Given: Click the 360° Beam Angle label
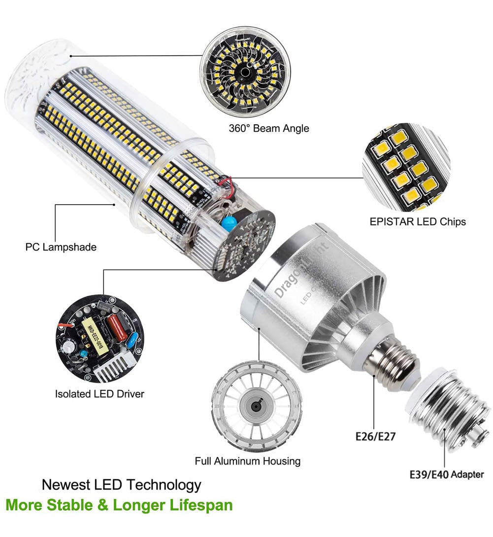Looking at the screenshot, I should [x=269, y=128].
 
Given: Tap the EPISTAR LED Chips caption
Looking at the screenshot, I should [x=418, y=221].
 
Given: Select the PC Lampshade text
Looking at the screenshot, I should [x=61, y=247].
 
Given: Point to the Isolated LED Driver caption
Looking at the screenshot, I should [x=99, y=394].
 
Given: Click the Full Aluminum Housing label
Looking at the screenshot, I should [x=247, y=462].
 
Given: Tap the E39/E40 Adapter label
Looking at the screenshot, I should [x=447, y=475].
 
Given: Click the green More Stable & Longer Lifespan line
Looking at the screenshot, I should [x=119, y=505].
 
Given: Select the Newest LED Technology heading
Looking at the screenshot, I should [x=121, y=484].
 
